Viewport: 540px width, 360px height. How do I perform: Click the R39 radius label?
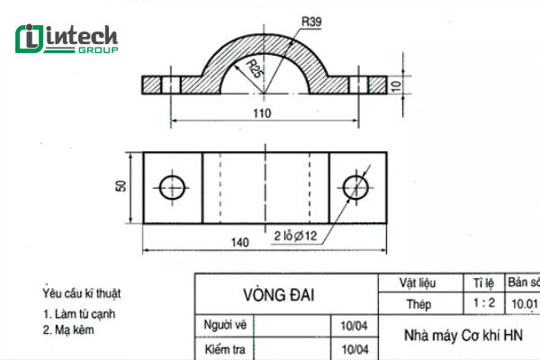[x=311, y=21]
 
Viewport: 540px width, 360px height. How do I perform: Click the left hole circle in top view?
[x=172, y=186]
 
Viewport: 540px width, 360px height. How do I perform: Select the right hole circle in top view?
[x=355, y=186]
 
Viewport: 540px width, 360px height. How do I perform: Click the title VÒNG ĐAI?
[x=278, y=295]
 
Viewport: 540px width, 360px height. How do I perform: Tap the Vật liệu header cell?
[x=418, y=283]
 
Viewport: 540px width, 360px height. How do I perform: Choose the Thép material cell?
[x=418, y=303]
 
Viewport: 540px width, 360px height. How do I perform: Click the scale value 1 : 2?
[x=482, y=303]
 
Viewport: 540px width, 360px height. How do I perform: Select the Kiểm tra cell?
[x=225, y=347]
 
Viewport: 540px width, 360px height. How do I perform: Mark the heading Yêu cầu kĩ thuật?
[x=81, y=293]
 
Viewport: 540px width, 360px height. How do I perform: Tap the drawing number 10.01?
[x=524, y=304]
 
